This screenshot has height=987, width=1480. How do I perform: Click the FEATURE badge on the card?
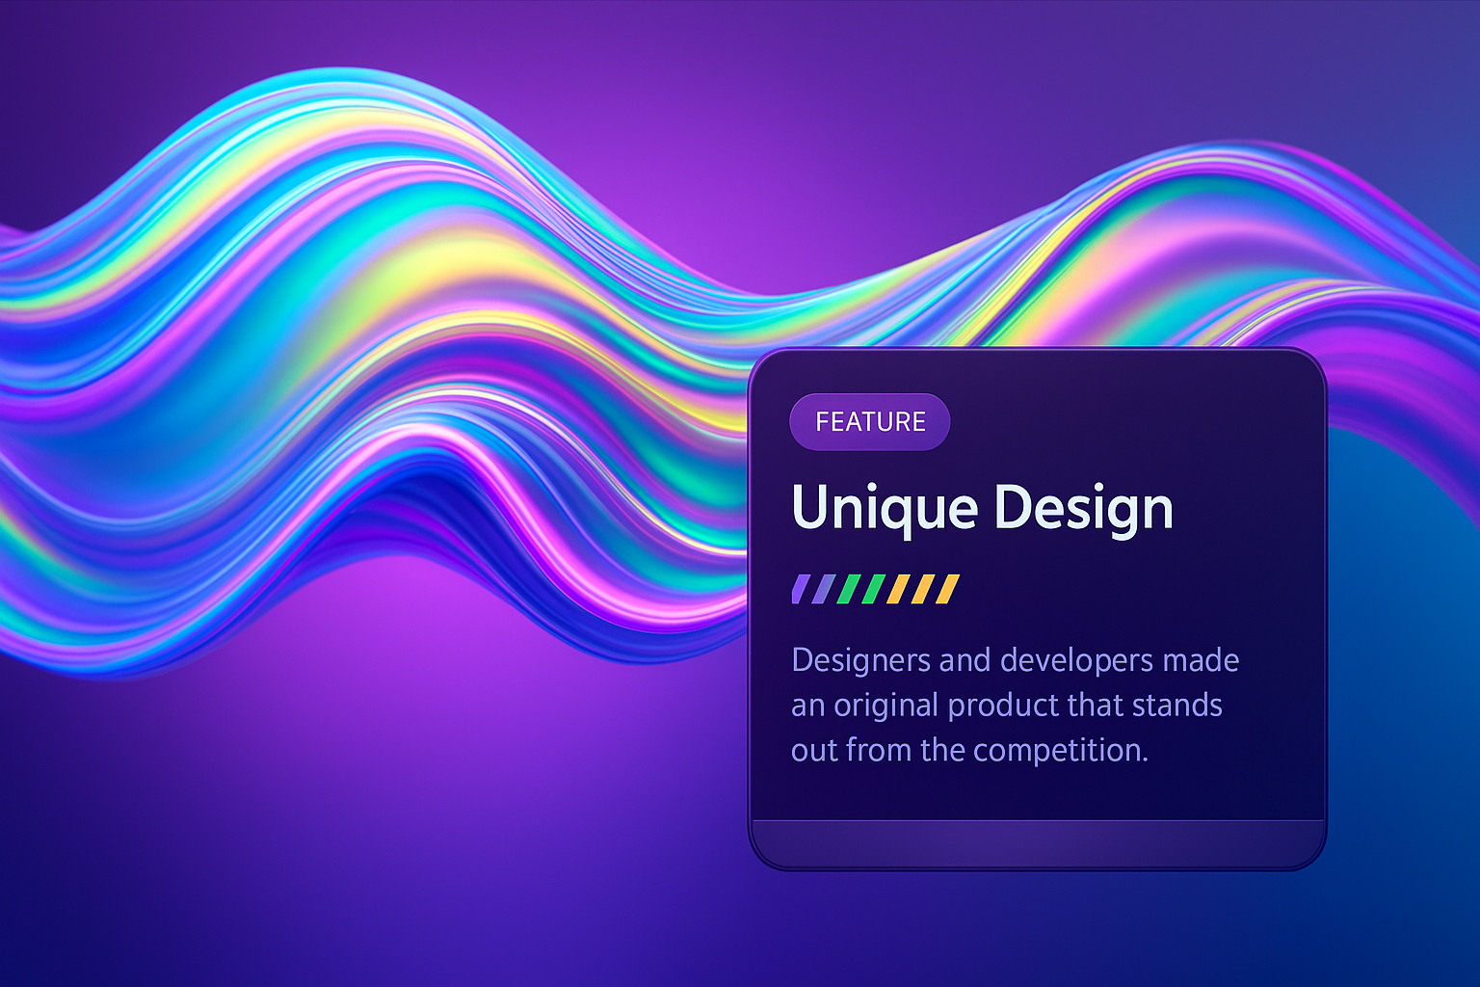point(869,422)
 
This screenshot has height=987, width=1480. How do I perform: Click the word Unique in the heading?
point(885,509)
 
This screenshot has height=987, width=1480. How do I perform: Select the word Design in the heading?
point(1084,509)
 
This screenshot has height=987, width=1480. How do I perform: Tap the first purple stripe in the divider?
point(802,589)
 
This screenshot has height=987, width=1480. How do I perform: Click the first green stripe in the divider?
point(848,589)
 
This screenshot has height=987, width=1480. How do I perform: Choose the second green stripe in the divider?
point(873,589)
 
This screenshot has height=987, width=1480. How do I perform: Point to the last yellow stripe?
point(947,589)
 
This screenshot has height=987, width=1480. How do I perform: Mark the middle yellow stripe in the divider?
point(923,589)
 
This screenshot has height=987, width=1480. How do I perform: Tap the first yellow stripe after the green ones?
point(898,589)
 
